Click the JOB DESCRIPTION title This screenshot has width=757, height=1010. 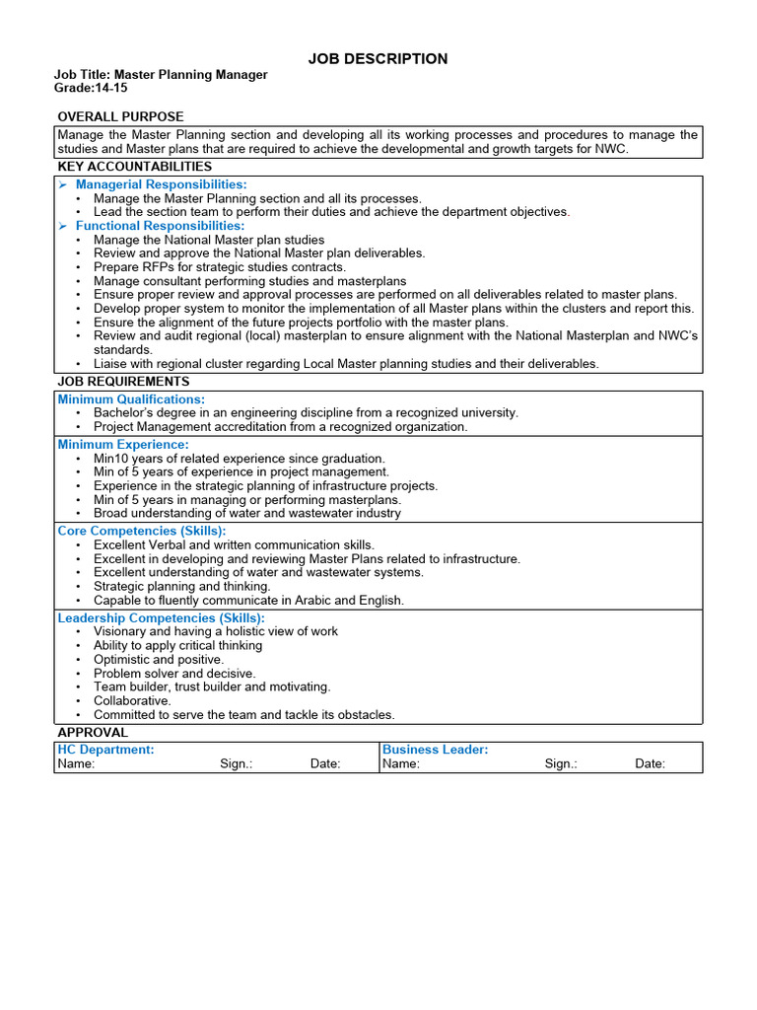pyautogui.click(x=378, y=59)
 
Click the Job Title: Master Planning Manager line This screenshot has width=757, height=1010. pyautogui.click(x=161, y=75)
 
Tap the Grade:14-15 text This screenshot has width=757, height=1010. pyautogui.click(x=91, y=89)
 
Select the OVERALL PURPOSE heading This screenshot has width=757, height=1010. pyautogui.click(x=120, y=116)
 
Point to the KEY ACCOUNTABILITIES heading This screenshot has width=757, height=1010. pyautogui.click(x=134, y=167)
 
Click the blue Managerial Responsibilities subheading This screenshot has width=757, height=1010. pyautogui.click(x=161, y=184)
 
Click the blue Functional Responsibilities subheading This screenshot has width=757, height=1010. pyautogui.click(x=160, y=226)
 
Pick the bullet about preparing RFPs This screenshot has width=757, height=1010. pyautogui.click(x=219, y=267)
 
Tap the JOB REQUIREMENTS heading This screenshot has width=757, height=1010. pyautogui.click(x=123, y=382)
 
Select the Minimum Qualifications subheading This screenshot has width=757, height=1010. pyautogui.click(x=131, y=399)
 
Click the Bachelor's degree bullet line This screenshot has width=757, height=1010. pyautogui.click(x=306, y=413)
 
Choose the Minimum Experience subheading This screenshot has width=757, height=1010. pyautogui.click(x=123, y=445)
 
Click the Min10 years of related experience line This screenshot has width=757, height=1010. pyautogui.click(x=240, y=459)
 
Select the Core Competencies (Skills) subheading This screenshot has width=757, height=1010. pyautogui.click(x=142, y=531)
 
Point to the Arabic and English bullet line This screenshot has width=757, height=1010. pyautogui.click(x=248, y=600)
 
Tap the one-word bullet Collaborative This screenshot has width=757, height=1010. pyautogui.click(x=132, y=700)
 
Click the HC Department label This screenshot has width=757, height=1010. pyautogui.click(x=105, y=750)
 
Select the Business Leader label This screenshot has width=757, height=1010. pyautogui.click(x=435, y=750)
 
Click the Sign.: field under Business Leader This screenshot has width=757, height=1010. pyautogui.click(x=561, y=763)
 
